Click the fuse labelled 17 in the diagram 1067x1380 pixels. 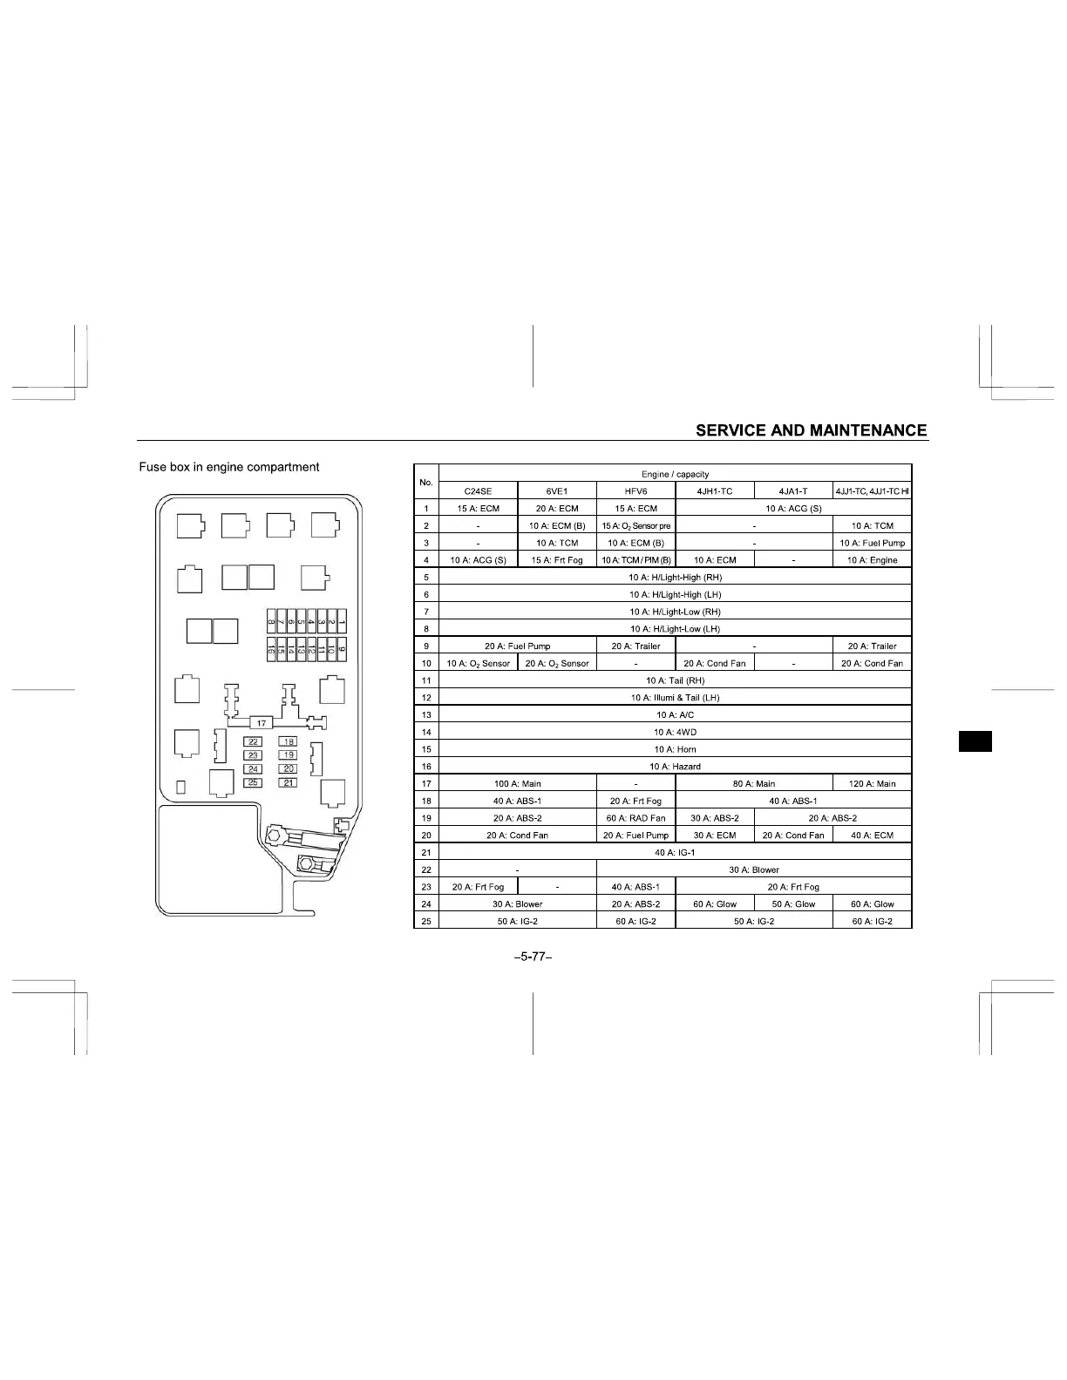pos(262,723)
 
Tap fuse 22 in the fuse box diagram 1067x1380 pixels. pos(253,741)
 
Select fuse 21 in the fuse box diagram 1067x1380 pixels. pos(289,782)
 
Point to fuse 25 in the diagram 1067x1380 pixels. pos(253,782)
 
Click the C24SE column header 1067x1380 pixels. pos(478,491)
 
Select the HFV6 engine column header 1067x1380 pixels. pos(635,491)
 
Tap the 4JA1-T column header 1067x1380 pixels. pos(793,491)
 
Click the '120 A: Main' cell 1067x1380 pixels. pos(872,784)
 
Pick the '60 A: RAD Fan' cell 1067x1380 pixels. pos(635,818)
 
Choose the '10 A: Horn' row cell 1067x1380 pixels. pos(675,749)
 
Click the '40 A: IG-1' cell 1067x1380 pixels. pos(675,853)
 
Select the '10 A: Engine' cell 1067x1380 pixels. pos(872,560)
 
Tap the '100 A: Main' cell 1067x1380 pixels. pos(518,784)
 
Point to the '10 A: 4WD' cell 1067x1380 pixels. pos(675,733)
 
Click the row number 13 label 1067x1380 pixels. pos(426,715)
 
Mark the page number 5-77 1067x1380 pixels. pos(533,957)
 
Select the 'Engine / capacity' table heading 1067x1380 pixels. pos(675,475)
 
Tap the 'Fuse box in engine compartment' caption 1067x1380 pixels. pos(229,467)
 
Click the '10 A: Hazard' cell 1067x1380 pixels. pos(675,767)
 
